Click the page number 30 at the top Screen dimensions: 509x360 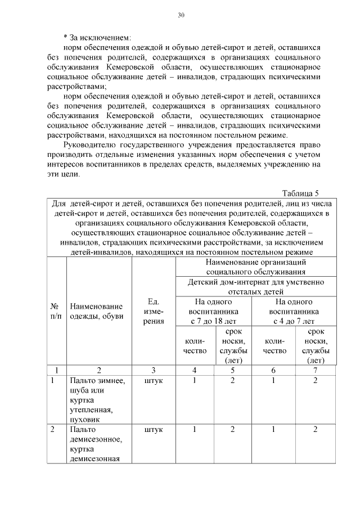[181, 15]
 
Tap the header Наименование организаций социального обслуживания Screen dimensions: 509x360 [256, 267]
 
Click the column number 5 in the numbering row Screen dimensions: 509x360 [233, 370]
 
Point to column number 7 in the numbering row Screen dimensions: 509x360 [316, 370]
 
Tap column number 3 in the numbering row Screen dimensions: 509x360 [154, 370]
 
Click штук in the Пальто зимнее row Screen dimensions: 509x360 [154, 381]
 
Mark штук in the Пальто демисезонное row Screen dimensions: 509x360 [154, 430]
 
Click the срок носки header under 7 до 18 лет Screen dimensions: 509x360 [233, 346]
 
